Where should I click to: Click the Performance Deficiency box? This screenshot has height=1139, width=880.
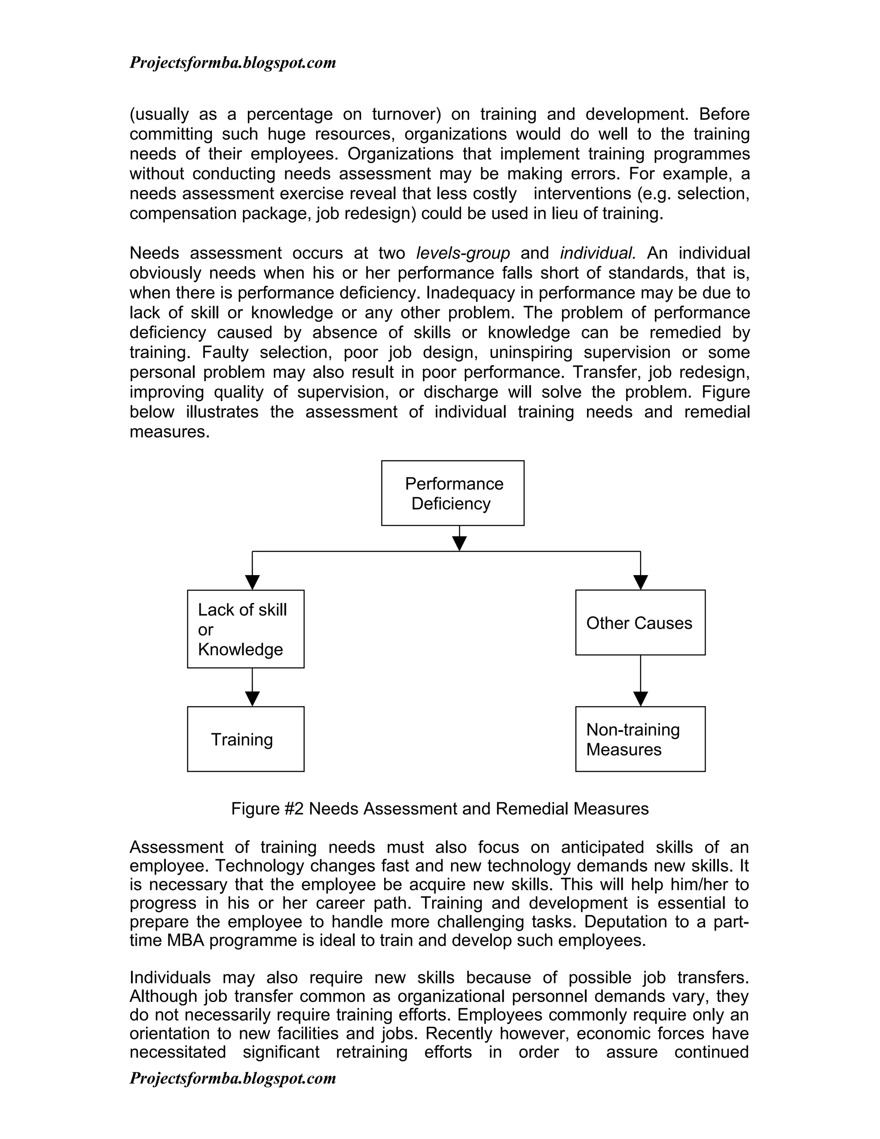(452, 493)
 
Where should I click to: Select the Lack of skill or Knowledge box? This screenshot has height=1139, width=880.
(245, 628)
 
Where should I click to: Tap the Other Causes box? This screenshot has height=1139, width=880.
(640, 622)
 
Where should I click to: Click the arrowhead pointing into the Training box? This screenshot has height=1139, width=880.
(252, 699)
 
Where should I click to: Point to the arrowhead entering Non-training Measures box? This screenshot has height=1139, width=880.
(640, 699)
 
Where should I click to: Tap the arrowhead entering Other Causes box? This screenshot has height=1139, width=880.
(640, 582)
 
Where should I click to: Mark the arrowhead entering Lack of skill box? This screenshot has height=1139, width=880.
(252, 582)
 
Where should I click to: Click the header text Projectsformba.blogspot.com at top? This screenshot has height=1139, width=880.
(232, 63)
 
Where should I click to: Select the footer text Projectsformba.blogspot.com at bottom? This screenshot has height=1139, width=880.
(232, 1078)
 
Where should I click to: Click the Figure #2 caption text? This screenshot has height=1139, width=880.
(440, 809)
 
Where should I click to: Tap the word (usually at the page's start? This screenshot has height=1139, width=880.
(159, 114)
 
